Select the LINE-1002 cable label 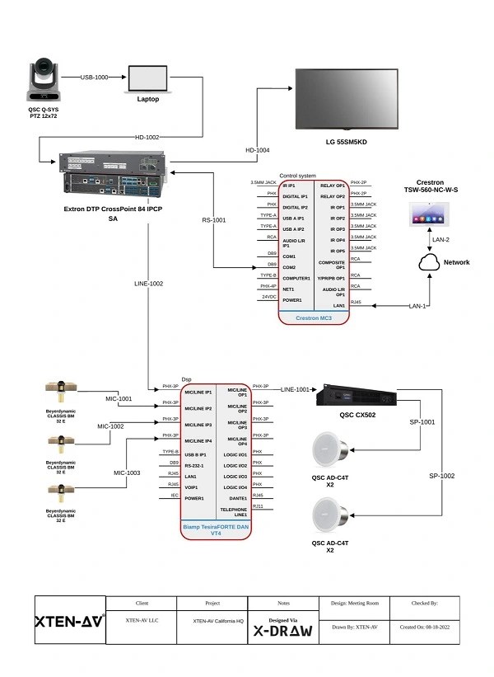[x=149, y=283]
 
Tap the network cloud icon [x=429, y=262]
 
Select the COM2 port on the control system [x=289, y=267]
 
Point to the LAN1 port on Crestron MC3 [x=333, y=304]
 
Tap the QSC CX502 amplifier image [x=359, y=397]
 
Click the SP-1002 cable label [x=441, y=477]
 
